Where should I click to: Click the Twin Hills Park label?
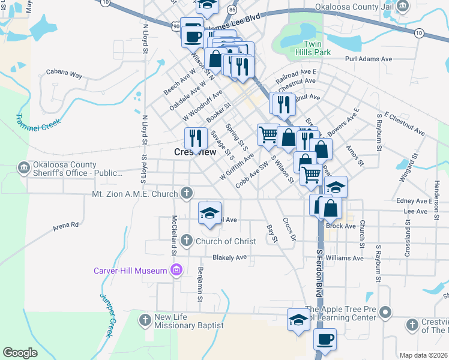tap(318, 49)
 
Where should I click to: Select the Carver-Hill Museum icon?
tap(176, 271)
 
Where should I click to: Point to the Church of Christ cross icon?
tap(187, 241)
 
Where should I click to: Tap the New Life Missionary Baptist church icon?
tap(145, 320)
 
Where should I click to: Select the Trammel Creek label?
tap(30, 124)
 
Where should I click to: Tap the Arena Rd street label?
tap(66, 226)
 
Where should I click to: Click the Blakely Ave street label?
tap(230, 257)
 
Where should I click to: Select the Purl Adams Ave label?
tap(369, 59)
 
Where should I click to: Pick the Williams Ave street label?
tap(345, 258)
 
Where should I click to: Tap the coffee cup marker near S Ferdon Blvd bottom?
tap(325, 339)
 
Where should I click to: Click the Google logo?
tap(20, 353)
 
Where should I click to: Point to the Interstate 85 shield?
tap(232, 9)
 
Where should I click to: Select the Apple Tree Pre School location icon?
tap(387, 313)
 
